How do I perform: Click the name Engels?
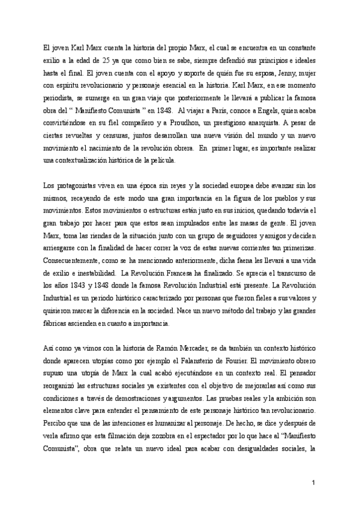coord(259,110)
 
